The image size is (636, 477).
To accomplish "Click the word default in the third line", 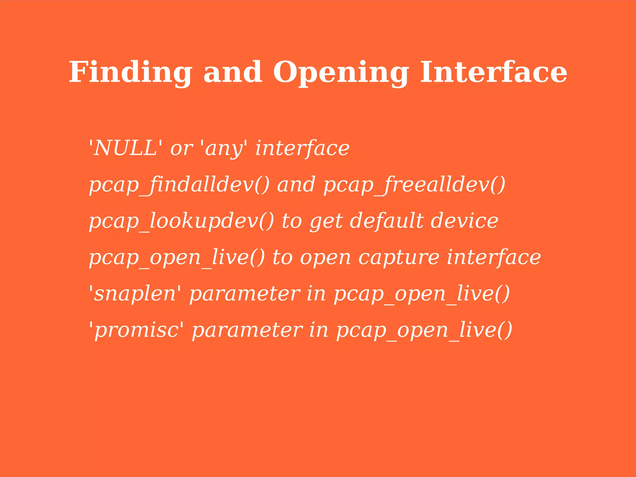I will click(386, 221).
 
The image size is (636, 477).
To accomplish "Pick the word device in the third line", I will click(464, 221).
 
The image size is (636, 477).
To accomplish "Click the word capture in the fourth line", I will click(399, 258).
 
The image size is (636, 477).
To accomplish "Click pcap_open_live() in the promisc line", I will click(424, 330).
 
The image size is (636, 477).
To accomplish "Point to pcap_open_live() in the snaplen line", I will click(422, 294).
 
